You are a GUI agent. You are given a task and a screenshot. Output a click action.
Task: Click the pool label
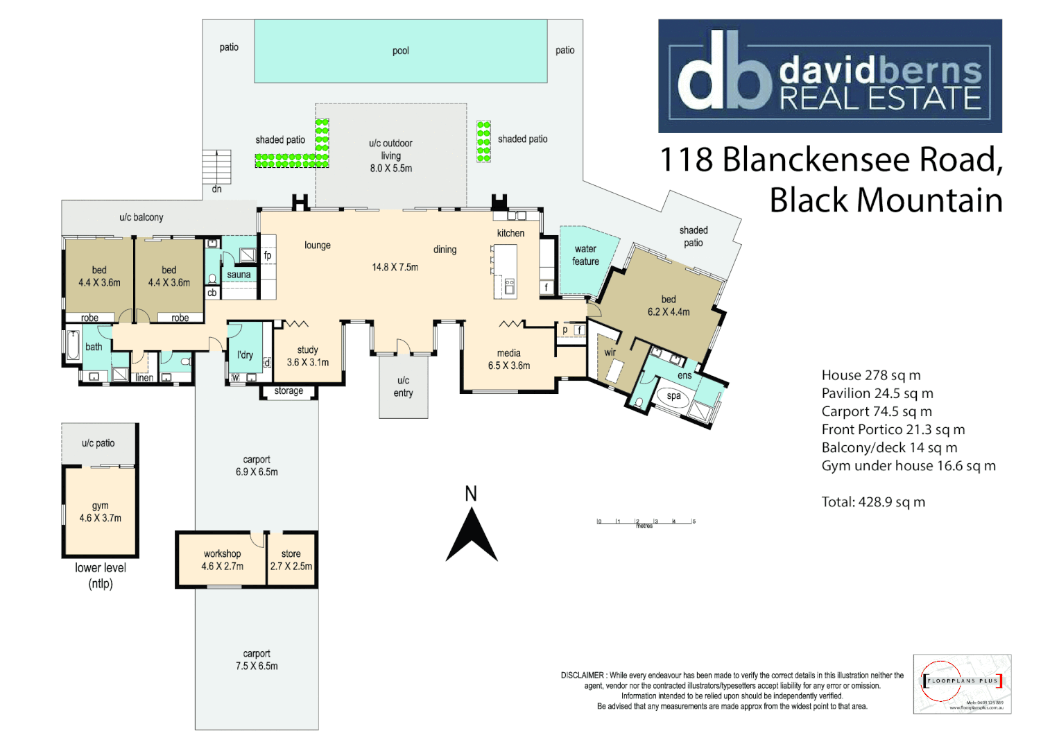point(400,51)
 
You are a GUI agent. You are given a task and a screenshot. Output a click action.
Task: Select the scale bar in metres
point(646,522)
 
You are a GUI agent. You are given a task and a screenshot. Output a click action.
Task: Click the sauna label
point(239,275)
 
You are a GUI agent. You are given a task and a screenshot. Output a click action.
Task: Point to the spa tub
point(673,397)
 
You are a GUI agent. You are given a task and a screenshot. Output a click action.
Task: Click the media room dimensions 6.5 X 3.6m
point(508,365)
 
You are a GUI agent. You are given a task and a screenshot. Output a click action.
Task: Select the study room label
point(307,350)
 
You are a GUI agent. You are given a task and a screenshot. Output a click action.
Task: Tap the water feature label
point(585,255)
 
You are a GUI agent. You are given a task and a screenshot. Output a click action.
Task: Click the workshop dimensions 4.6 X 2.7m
point(222,566)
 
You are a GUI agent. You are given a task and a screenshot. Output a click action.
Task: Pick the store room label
point(291,553)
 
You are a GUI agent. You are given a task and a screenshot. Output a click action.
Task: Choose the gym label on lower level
point(100,506)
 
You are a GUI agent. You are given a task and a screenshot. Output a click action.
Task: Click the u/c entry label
point(403,386)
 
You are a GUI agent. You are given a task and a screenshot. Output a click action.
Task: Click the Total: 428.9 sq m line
point(873,502)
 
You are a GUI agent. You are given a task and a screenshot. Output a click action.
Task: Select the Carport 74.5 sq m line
point(877,411)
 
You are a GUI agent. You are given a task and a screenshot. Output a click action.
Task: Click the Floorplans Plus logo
point(962,683)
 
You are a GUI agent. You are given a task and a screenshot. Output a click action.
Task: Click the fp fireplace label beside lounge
point(268,255)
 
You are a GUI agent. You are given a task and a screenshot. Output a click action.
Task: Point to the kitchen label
point(510,233)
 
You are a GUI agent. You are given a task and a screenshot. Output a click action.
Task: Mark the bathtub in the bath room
point(73,345)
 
